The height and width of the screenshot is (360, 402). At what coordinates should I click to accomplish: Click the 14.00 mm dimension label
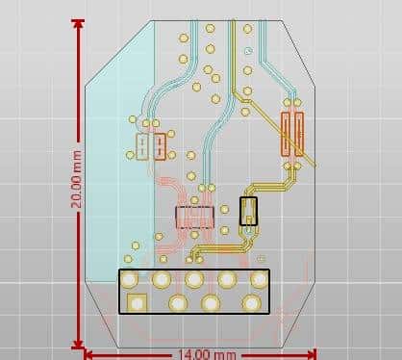(205, 353)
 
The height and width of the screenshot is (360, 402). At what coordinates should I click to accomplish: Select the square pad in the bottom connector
(136, 302)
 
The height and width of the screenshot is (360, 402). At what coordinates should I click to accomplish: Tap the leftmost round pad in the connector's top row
(129, 280)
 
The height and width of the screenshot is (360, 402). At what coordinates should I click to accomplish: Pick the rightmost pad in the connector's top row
(259, 279)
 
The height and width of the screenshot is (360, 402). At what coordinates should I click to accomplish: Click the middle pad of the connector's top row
(194, 280)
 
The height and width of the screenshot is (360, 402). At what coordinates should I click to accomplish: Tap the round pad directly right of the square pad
(177, 303)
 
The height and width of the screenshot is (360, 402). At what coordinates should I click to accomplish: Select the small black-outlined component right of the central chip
(249, 212)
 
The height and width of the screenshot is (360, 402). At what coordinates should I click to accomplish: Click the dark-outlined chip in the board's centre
(193, 216)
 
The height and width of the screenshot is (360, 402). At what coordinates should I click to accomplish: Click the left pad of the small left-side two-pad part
(142, 146)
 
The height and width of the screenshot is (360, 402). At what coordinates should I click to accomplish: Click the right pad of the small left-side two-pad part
(159, 146)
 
